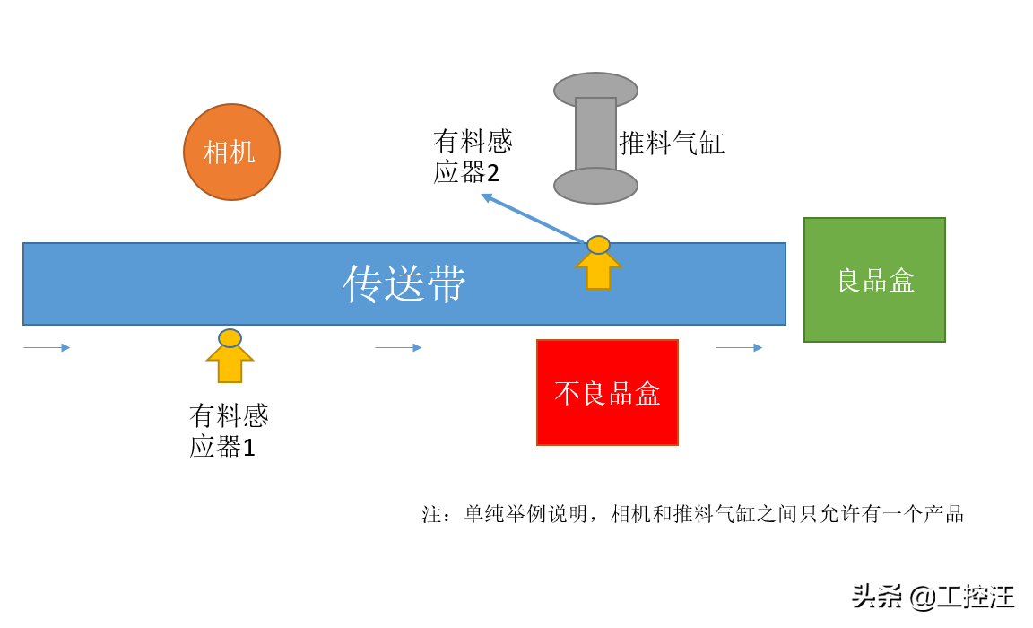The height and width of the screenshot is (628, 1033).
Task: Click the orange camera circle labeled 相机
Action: click(231, 152)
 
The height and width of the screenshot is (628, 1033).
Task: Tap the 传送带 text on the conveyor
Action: click(404, 284)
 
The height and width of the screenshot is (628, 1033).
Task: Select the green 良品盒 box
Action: click(874, 280)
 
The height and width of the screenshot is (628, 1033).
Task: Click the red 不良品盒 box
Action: click(607, 392)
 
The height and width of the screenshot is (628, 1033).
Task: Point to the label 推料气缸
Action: click(672, 143)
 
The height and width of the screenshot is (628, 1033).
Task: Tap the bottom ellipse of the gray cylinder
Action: click(595, 187)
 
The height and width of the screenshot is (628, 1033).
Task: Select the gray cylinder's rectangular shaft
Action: click(595, 135)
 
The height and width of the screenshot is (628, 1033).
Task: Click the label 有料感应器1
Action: click(228, 431)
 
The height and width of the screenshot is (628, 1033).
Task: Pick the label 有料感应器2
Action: click(472, 156)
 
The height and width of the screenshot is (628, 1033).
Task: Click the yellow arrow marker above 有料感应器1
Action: click(230, 356)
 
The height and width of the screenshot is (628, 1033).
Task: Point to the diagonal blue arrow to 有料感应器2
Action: click(534, 217)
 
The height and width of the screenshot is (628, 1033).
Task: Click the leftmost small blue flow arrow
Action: click(47, 347)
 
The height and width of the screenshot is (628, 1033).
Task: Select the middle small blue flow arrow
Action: click(398, 347)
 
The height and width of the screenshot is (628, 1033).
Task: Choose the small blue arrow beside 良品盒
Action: click(739, 347)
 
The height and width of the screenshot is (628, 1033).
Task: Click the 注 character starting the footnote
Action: click(432, 514)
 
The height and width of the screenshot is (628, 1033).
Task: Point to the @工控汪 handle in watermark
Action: click(961, 596)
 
